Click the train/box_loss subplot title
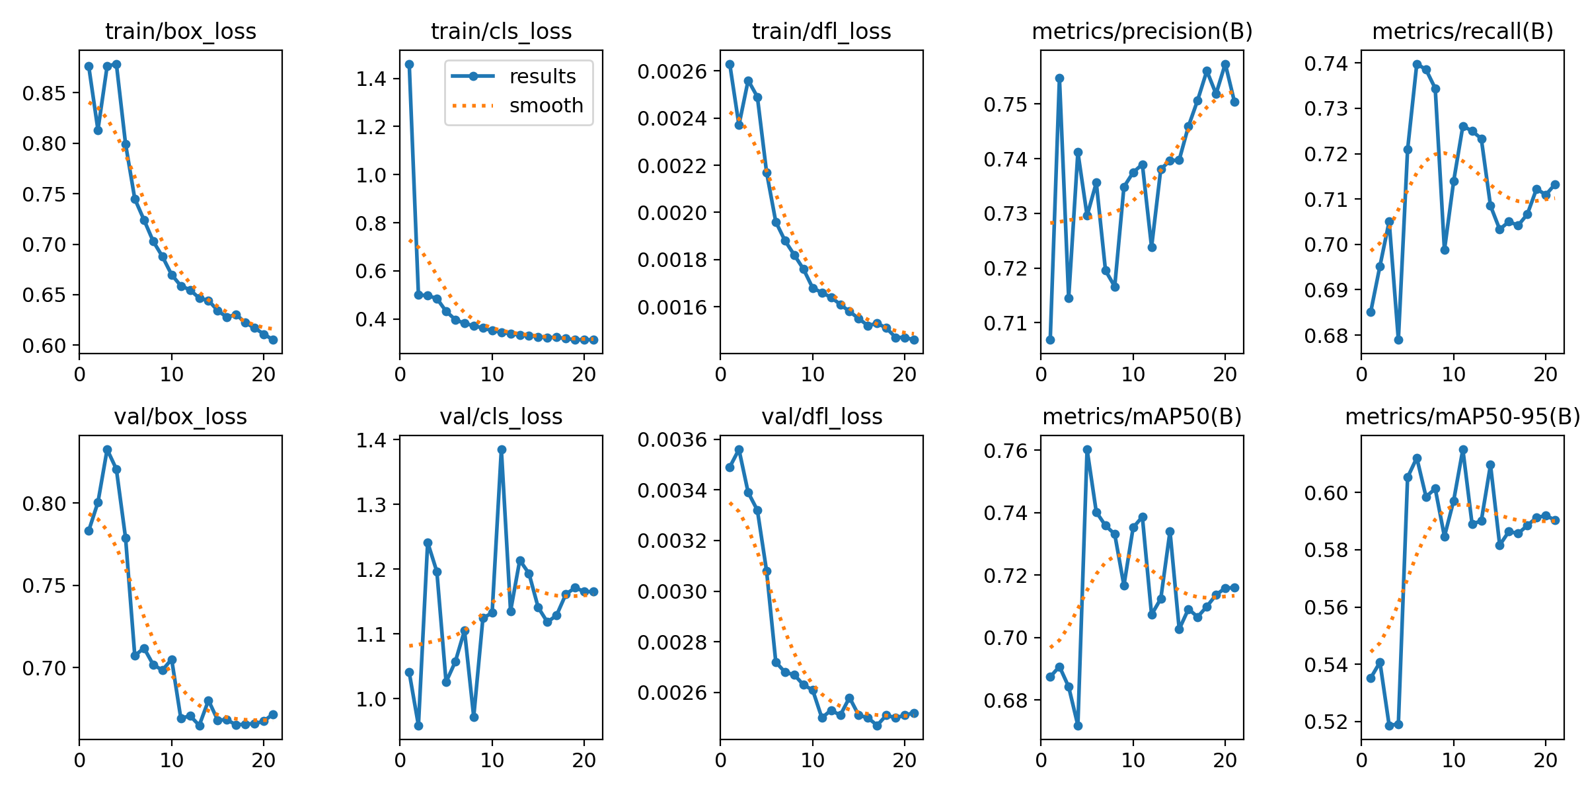(180, 32)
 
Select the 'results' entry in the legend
(542, 77)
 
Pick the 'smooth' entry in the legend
(546, 106)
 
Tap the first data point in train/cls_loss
(409, 64)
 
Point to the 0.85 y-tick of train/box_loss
(44, 93)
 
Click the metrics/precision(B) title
(1142, 32)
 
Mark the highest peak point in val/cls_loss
(502, 449)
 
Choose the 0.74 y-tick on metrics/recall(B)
(1326, 63)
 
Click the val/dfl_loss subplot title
(821, 417)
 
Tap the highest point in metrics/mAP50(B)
(1087, 449)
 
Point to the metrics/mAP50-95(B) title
(1462, 417)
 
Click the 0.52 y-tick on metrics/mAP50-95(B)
(1326, 722)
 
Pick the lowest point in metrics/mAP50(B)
(1078, 726)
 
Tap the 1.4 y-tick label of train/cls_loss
(371, 79)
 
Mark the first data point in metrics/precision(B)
(1050, 340)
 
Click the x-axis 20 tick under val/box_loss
(264, 761)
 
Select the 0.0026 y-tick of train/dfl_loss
(672, 71)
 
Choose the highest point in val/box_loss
(107, 449)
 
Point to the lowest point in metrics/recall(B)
(1398, 340)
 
